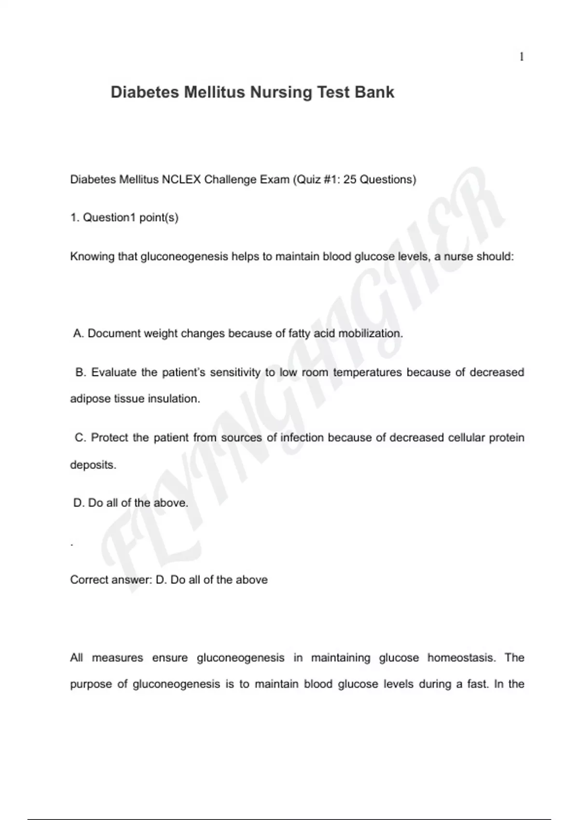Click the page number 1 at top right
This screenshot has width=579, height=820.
(522, 57)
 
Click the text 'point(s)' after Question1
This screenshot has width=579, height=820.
(159, 218)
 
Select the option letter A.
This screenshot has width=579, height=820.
(78, 333)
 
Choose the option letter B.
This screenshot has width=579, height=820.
(80, 372)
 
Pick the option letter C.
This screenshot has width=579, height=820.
(80, 438)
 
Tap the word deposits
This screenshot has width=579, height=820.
(93, 465)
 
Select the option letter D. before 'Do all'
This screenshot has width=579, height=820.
(79, 503)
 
